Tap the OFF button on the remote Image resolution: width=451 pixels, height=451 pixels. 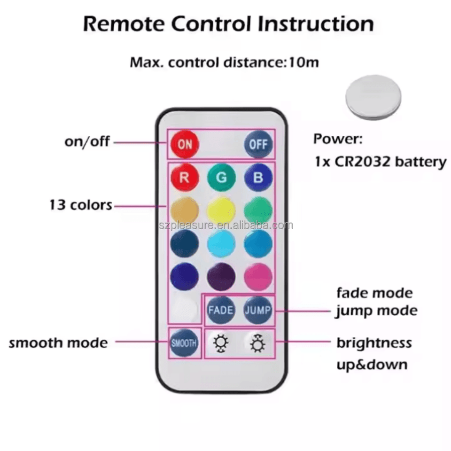pos(258,144)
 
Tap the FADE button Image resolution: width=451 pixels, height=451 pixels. pos(221,310)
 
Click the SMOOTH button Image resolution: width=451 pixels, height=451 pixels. pos(184,343)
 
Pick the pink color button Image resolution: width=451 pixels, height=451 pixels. pos(258,277)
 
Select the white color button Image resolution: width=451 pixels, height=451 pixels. pos(184,310)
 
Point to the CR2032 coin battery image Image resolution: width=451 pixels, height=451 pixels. pos(373,98)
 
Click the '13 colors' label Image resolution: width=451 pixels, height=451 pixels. pos(81,205)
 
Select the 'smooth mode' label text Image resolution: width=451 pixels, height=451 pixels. pos(58,343)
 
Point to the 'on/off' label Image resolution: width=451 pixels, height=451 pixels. pos(87,141)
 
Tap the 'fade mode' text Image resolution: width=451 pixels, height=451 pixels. pos(374,293)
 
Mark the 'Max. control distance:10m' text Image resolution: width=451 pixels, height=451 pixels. pos(224,62)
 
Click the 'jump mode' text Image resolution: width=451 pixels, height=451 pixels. pos(376,311)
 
